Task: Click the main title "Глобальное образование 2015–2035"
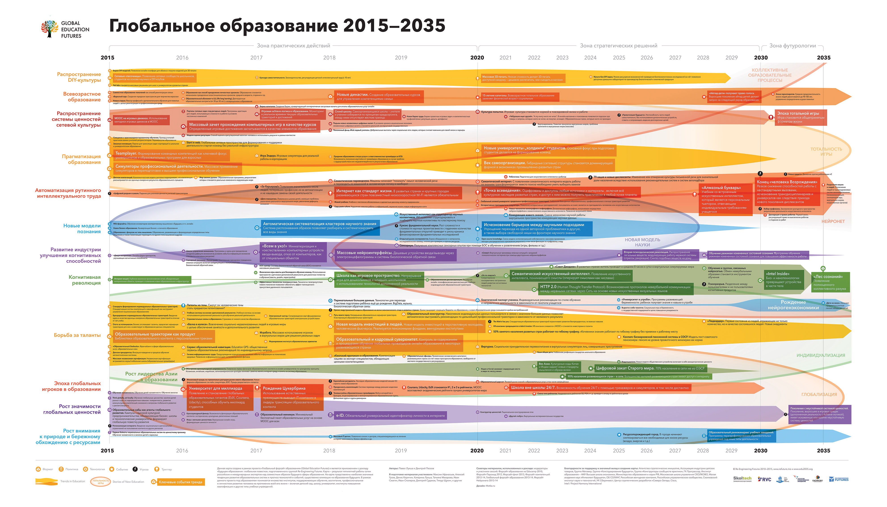coord(277,26)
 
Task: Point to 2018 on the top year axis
coord(329,58)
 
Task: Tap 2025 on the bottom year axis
coord(618,451)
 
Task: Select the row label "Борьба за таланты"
coord(77,335)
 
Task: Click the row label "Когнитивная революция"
coord(84,280)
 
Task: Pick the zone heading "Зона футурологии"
coord(792,46)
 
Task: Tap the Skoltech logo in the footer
coord(742,479)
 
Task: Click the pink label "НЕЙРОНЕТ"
coord(833,221)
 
